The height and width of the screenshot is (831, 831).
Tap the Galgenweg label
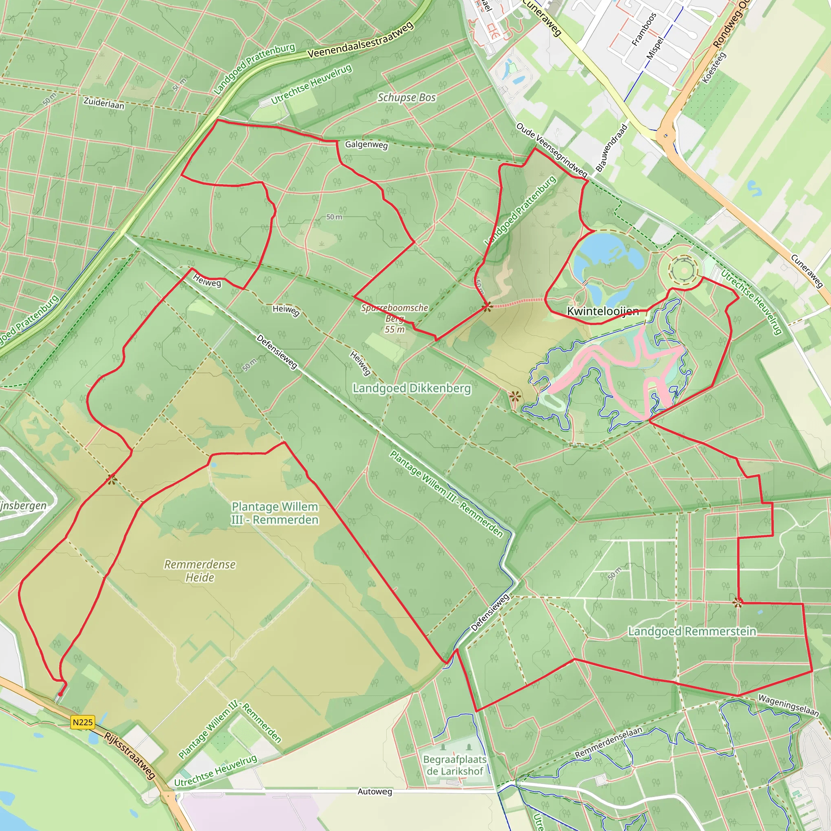point(366,144)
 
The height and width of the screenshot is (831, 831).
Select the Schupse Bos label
point(407,98)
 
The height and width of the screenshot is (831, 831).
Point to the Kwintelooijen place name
point(603,311)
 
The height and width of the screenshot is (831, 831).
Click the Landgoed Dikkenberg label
point(411,388)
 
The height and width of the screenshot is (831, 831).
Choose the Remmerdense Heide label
point(200,571)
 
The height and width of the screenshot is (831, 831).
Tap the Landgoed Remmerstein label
point(692,631)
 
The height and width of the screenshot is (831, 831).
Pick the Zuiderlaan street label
point(103,103)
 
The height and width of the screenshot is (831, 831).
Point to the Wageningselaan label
point(788,705)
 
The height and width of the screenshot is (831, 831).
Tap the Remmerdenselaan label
point(608,743)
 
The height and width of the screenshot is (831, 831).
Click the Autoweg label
point(375,791)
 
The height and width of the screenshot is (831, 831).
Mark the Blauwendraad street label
point(611,148)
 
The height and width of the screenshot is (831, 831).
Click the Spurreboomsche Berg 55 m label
point(394,318)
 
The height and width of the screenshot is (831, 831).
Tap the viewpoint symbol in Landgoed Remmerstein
point(738,603)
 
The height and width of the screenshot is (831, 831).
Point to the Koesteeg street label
point(714,67)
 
